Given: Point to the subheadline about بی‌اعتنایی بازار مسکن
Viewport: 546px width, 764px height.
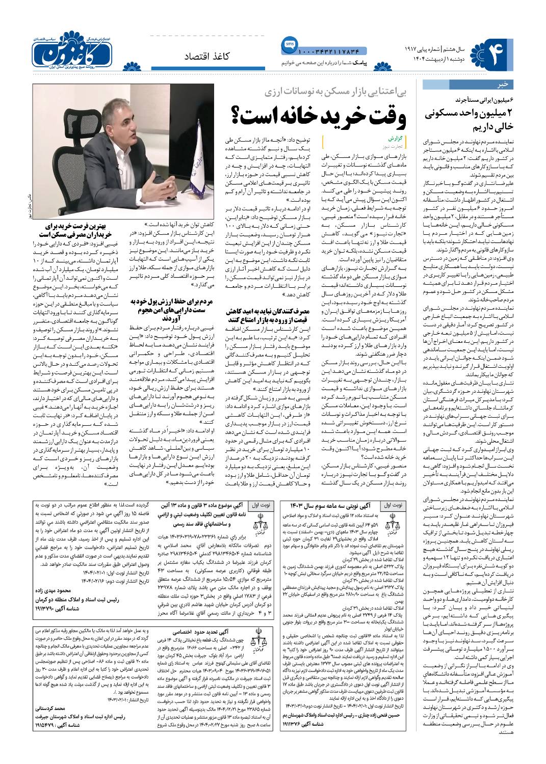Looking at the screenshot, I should point(330,93).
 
